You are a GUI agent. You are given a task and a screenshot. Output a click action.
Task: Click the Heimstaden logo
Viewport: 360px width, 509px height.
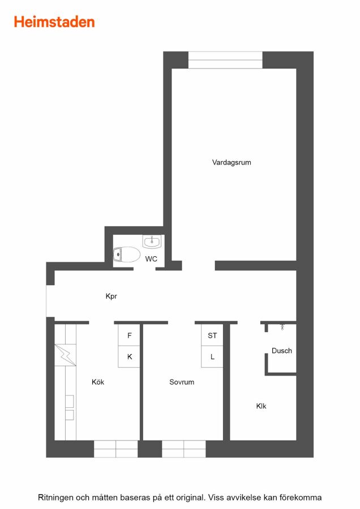[x=54, y=22]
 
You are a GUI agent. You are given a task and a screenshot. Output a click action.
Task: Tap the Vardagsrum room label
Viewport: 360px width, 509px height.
[x=232, y=162]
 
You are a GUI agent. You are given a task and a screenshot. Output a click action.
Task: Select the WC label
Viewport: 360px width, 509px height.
[x=151, y=258]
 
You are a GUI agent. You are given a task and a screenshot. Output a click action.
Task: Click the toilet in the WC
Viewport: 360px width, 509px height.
[x=126, y=254]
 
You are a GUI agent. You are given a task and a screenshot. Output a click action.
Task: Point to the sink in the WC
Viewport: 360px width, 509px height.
[x=151, y=241]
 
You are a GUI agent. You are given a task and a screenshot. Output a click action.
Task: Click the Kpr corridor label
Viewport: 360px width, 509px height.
[x=111, y=296]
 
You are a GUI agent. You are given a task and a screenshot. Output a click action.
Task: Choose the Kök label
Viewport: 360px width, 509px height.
[x=98, y=382]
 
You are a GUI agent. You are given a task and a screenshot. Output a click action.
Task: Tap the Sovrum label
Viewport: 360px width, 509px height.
[x=182, y=382]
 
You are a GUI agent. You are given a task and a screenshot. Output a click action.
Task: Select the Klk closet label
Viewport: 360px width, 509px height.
[x=262, y=406]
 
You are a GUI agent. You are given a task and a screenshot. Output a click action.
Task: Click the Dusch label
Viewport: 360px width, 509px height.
[x=282, y=351]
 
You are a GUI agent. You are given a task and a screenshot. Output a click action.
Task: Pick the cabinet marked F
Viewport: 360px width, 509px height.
[x=129, y=335]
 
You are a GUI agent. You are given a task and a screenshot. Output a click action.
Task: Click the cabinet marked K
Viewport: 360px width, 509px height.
[x=129, y=357]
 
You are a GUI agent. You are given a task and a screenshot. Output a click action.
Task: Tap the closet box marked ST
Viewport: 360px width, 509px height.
[x=212, y=335]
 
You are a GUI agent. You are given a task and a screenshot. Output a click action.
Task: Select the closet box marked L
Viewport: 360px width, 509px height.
[x=212, y=357]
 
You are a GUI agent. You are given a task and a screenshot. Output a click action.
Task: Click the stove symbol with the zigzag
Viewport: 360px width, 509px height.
[x=65, y=355]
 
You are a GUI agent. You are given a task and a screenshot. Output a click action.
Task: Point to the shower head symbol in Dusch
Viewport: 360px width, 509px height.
[x=282, y=327]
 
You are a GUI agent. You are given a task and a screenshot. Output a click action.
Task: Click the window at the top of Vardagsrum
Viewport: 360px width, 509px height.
[x=225, y=60]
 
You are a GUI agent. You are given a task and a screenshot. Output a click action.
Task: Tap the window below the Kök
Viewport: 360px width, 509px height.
[x=115, y=449]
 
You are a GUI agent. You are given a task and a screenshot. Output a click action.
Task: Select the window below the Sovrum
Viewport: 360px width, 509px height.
[x=183, y=449]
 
